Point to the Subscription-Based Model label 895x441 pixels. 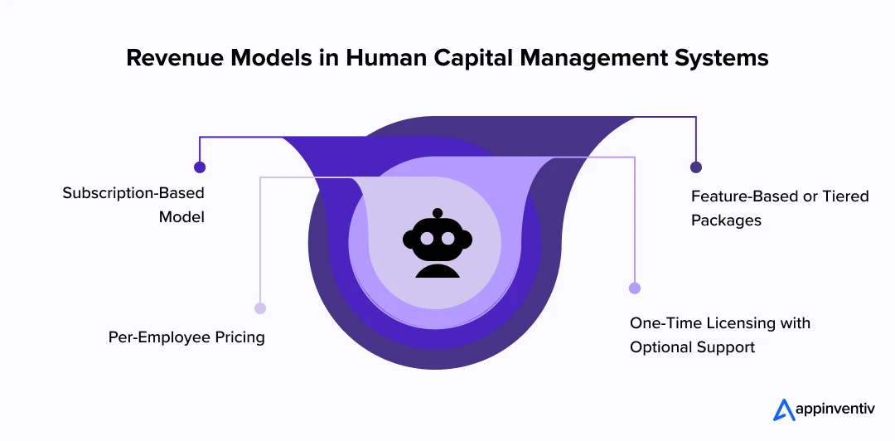[133, 205]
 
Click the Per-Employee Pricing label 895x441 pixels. [186, 337]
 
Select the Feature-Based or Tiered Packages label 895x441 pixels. [780, 208]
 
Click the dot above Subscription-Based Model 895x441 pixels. [200, 167]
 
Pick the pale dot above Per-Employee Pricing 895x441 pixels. [260, 308]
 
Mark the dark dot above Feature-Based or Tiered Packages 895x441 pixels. [696, 167]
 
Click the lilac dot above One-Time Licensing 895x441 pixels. [635, 288]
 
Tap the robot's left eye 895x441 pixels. [425, 239]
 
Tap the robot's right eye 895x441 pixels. [448, 239]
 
